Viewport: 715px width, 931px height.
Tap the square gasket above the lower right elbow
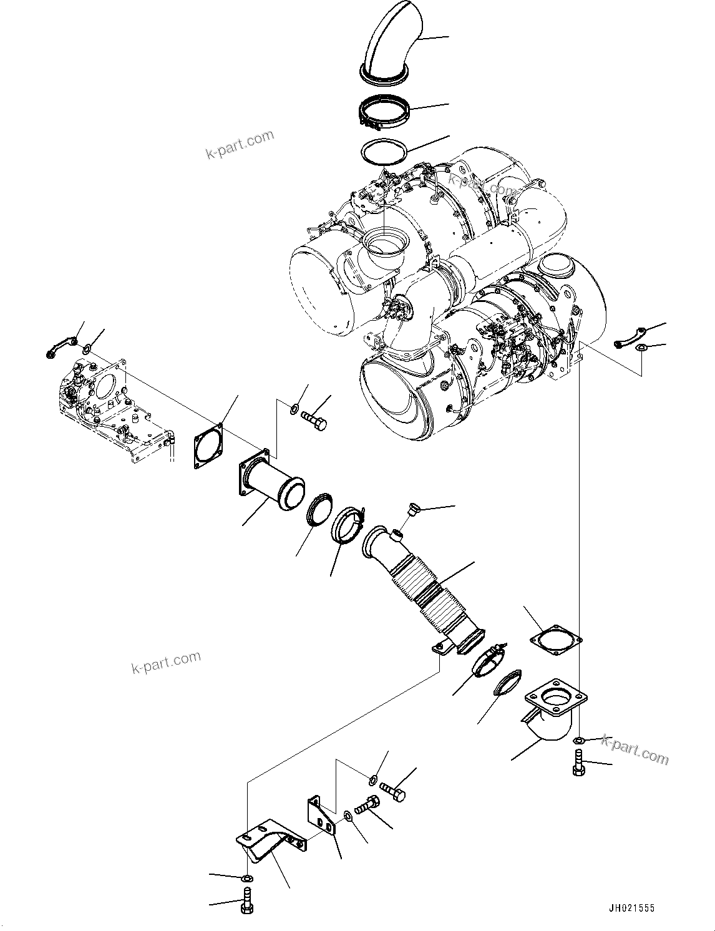click(555, 639)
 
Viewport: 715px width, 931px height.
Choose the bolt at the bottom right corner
click(577, 763)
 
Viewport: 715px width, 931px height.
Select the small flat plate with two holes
click(321, 817)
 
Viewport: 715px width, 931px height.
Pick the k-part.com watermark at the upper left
click(240, 145)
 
